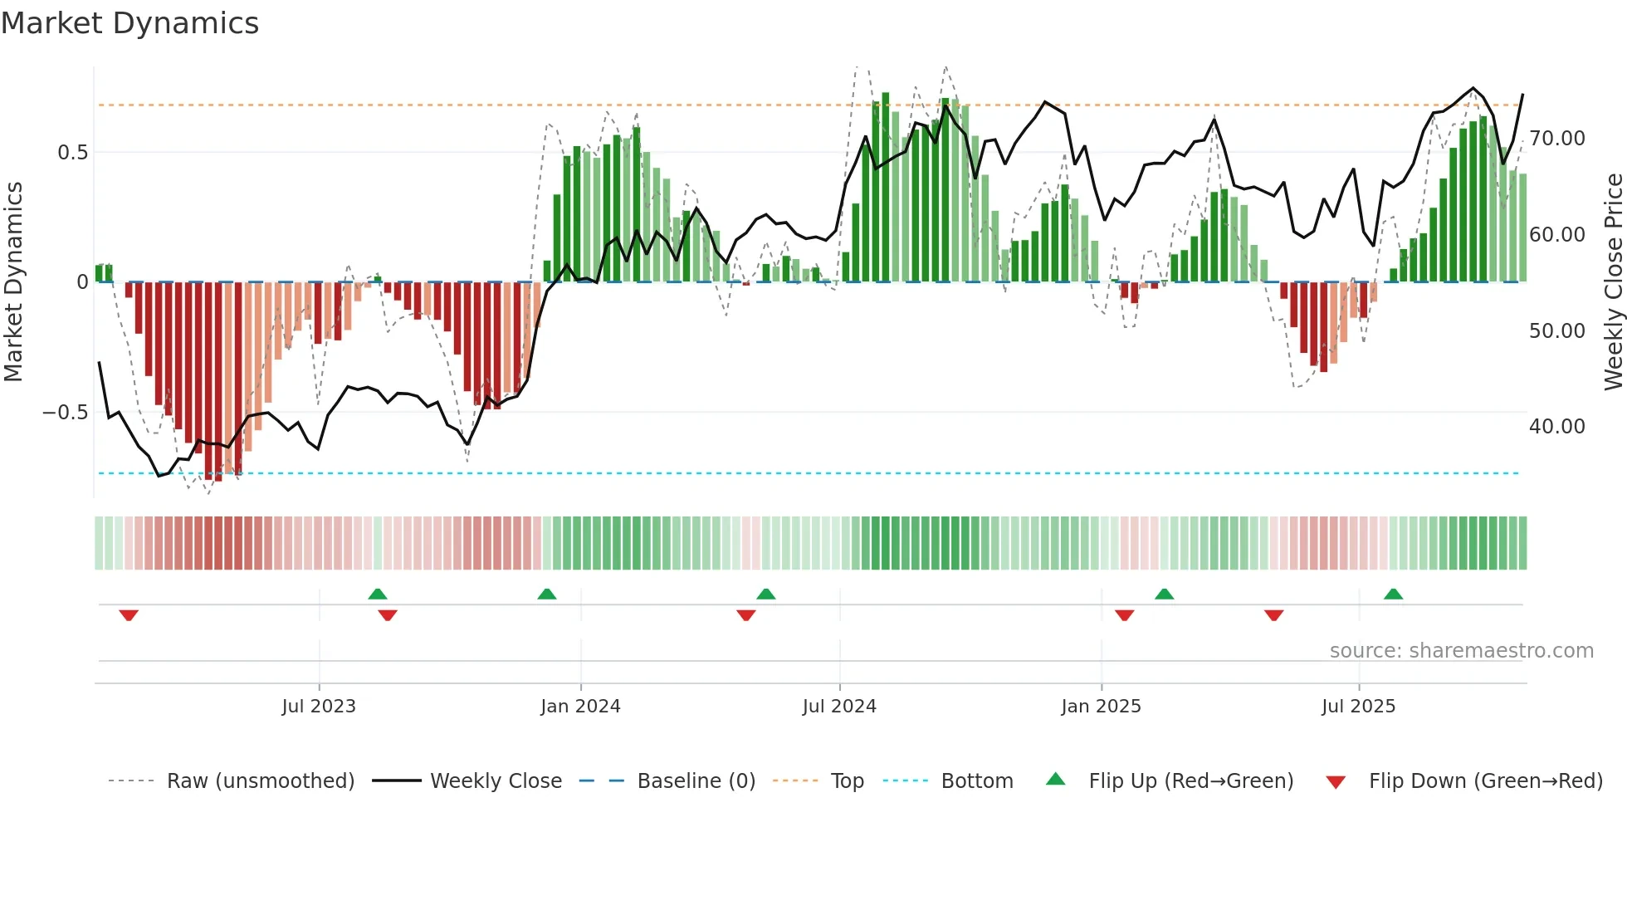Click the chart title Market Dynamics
click(130, 23)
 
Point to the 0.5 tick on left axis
click(72, 153)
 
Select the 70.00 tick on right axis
click(1556, 139)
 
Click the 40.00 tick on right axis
click(1556, 427)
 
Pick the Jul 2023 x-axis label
click(319, 707)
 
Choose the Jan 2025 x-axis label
click(1101, 707)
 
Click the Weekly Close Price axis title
click(1613, 282)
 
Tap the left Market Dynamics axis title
click(13, 282)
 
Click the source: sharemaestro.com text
click(1461, 651)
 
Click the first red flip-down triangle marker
click(129, 615)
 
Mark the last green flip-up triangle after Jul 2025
click(1393, 594)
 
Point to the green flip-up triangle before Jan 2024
click(546, 594)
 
